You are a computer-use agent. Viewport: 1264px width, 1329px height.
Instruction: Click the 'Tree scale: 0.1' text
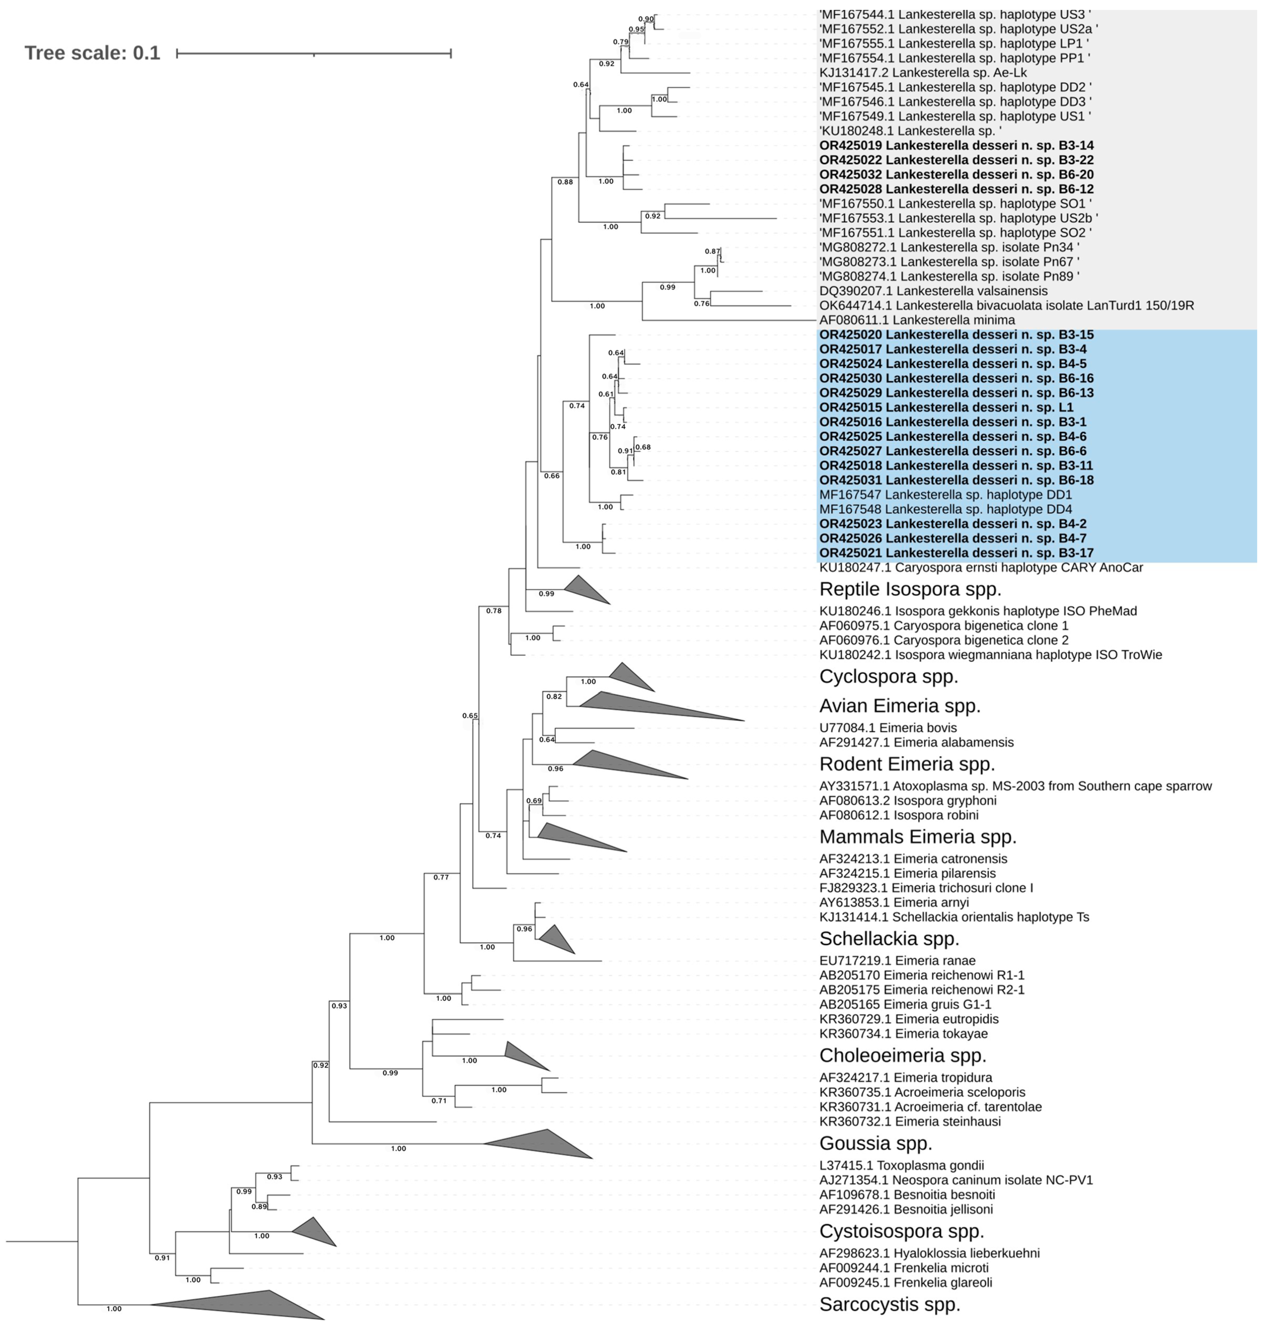(x=92, y=53)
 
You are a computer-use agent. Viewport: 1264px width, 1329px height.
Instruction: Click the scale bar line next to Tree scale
(x=313, y=53)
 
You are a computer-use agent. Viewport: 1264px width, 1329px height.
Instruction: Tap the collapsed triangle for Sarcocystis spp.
(x=256, y=1305)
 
